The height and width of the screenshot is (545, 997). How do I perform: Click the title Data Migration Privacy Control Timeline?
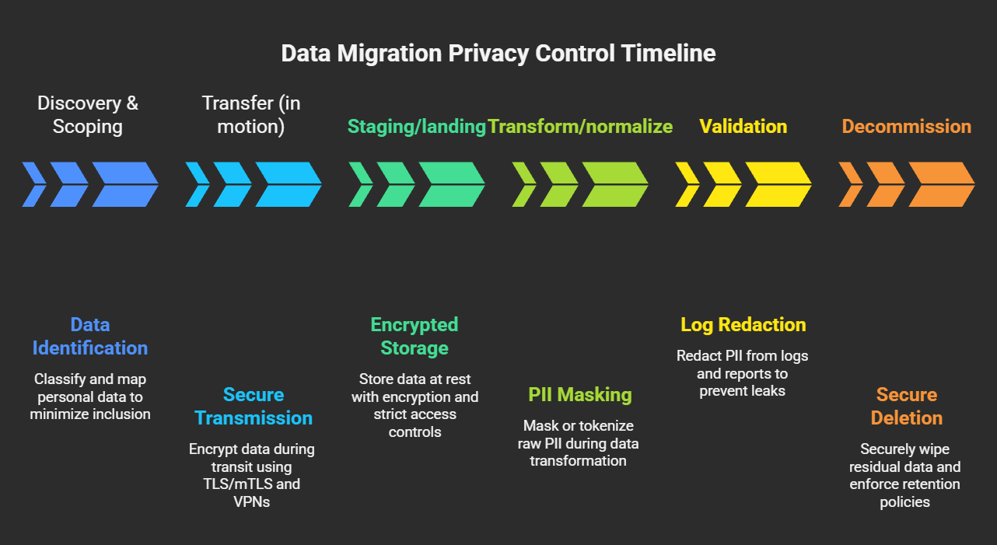pos(498,54)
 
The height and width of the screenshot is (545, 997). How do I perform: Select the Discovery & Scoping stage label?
pos(87,114)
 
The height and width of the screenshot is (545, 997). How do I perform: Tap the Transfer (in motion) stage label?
pos(250,114)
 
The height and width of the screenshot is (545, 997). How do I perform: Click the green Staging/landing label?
pos(417,127)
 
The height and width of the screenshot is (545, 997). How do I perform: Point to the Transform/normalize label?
pos(580,127)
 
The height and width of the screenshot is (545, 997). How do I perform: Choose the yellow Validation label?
pos(743,127)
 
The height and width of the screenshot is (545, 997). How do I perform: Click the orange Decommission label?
pos(907,127)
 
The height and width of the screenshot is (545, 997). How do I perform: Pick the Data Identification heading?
pos(90,336)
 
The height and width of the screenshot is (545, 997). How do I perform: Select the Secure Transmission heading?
pos(254,406)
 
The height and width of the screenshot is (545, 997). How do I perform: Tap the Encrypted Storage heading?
pos(415,336)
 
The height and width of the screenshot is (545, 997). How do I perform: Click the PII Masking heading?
pos(579,394)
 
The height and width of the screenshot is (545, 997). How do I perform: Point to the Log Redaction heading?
pos(743,324)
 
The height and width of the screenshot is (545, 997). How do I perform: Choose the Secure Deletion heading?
pos(906,406)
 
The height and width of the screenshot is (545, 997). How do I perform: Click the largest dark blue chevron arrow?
pos(124,184)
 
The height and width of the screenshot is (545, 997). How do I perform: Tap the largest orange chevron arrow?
pos(941,184)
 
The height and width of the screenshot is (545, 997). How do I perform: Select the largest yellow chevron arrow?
pos(778,184)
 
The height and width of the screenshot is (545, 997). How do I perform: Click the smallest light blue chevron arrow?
pos(198,184)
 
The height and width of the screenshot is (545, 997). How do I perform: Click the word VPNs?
pos(251,501)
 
